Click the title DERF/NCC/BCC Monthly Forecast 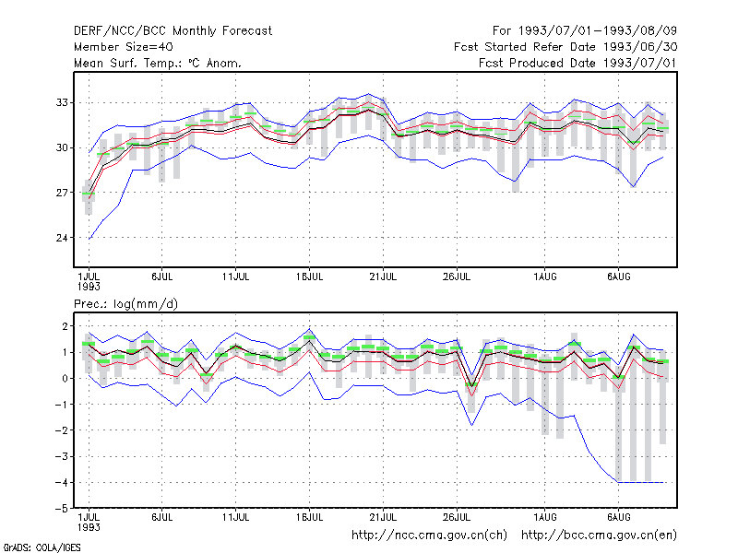click(173, 31)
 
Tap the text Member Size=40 click(124, 47)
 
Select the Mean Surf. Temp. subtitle click(158, 63)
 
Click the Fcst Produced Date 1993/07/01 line click(577, 63)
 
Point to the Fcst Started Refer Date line click(565, 47)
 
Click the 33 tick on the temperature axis click(62, 102)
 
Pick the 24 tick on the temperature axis click(62, 238)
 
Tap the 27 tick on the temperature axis click(62, 193)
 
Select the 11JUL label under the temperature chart click(236, 277)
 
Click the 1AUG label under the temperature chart click(545, 277)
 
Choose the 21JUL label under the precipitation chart click(383, 518)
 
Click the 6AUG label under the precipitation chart click(618, 518)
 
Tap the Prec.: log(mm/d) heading click(125, 304)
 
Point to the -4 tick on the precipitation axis click(61, 483)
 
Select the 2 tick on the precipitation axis click(65, 326)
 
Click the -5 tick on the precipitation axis click(61, 509)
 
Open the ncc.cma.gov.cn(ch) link click(429, 535)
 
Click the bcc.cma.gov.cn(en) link click(599, 535)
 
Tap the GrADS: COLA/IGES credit click(42, 547)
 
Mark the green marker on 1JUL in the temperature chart click(88, 194)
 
